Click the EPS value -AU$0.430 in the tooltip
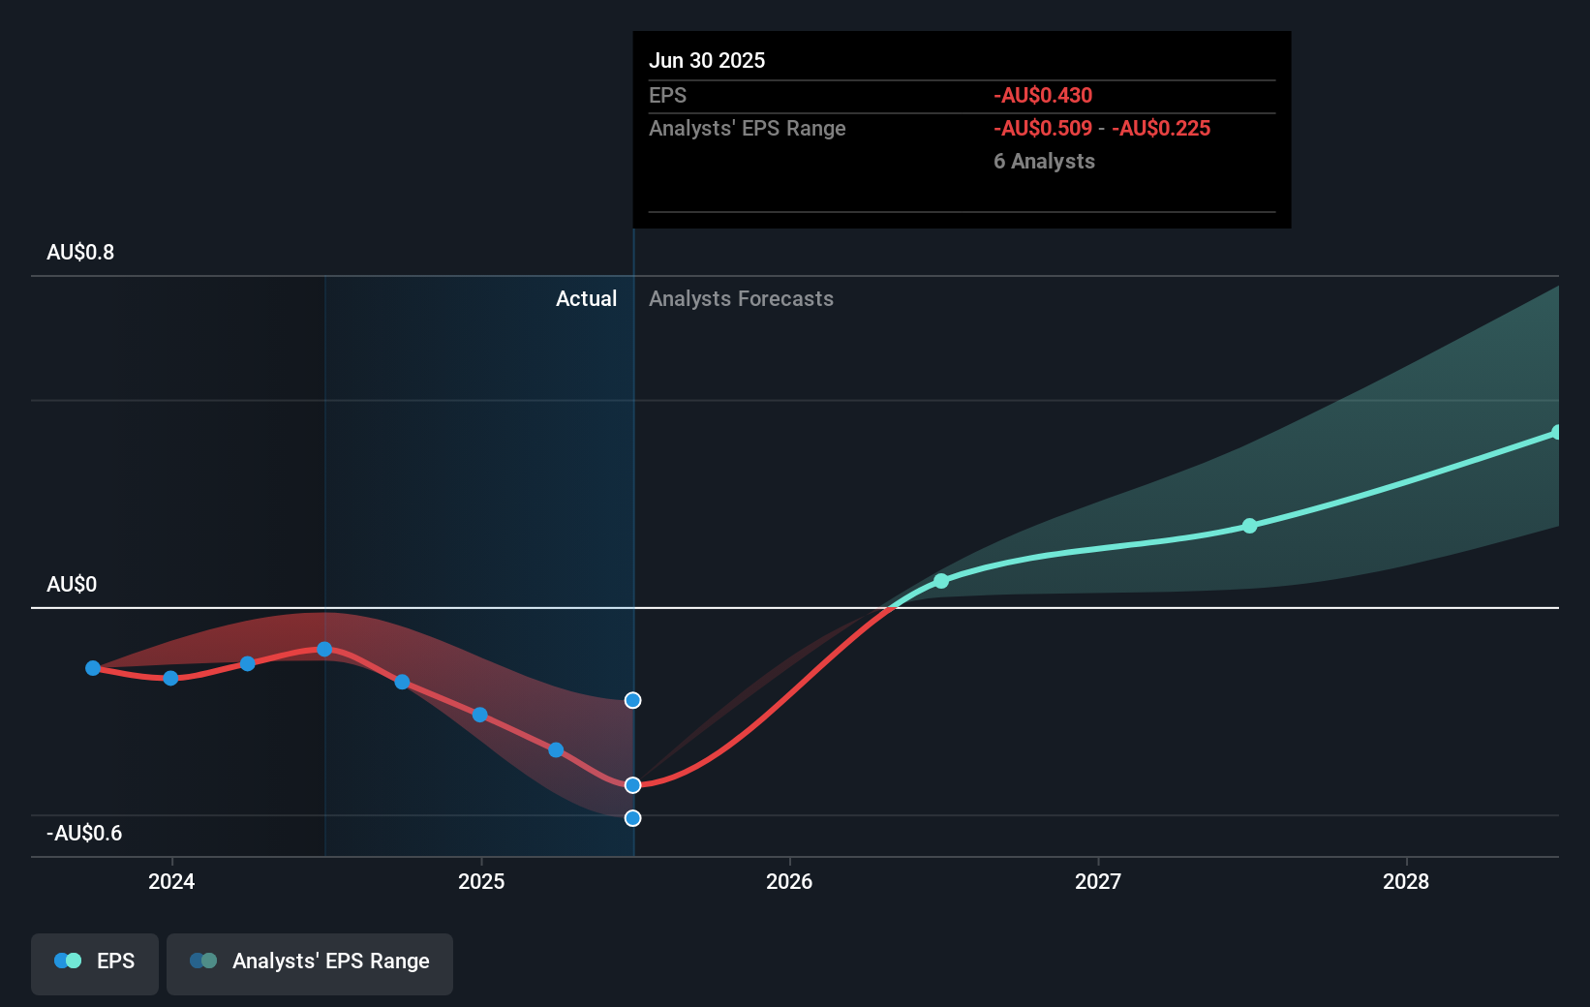coord(1042,96)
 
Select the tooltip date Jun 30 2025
coord(707,61)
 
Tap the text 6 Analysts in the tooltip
coord(1044,162)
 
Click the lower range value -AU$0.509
coord(1042,129)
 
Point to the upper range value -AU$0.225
coord(1160,129)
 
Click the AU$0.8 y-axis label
coord(80,253)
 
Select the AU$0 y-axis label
coord(72,585)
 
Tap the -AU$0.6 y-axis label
coord(84,834)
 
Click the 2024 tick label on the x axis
coord(171,882)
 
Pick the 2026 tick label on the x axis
coord(789,882)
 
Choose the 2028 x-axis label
coord(1406,882)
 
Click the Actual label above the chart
coord(586,299)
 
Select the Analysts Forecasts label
coord(741,299)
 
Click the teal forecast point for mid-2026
coord(941,581)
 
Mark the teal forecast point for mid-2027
coord(1249,526)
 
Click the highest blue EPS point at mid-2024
coord(325,649)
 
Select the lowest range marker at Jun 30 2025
coord(632,818)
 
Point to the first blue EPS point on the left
coord(93,668)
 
